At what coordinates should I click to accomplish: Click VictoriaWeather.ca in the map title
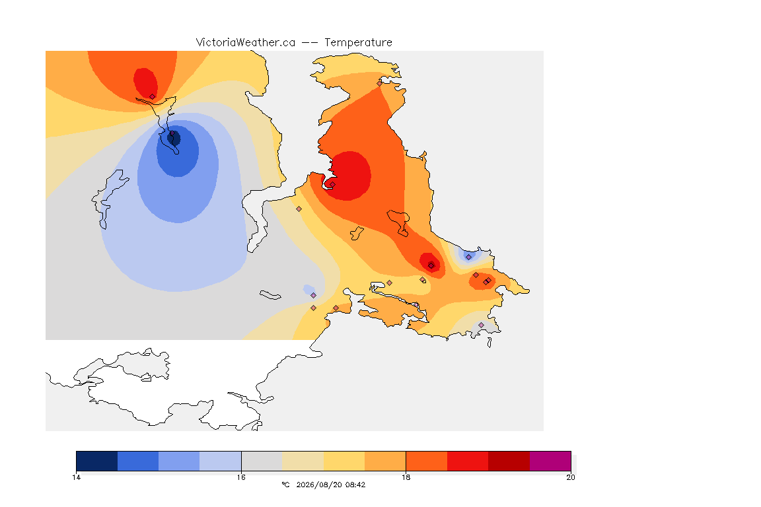coord(246,43)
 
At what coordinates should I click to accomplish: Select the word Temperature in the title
coord(358,43)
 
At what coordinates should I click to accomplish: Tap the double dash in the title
coord(310,43)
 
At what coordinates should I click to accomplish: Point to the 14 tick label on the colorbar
coord(76,477)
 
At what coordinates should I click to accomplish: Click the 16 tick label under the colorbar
coord(241,477)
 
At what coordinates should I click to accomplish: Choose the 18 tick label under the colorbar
coord(406,477)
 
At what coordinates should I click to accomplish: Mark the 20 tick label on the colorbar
coord(571,477)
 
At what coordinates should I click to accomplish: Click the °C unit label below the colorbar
coord(286,485)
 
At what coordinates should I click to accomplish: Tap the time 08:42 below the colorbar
coord(355,485)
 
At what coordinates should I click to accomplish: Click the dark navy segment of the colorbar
coord(97,461)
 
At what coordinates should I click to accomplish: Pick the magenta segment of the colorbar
coord(550,461)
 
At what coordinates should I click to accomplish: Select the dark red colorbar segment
coord(509,461)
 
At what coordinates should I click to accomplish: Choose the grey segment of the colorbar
coord(262,461)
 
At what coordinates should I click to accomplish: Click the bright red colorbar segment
coord(468,461)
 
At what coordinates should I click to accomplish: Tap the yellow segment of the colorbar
coord(344,461)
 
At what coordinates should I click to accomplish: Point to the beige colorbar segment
coord(303,461)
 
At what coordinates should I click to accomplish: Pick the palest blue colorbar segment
coord(221,461)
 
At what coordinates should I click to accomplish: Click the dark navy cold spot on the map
coord(174,139)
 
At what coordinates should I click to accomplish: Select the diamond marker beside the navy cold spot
coord(172,133)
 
